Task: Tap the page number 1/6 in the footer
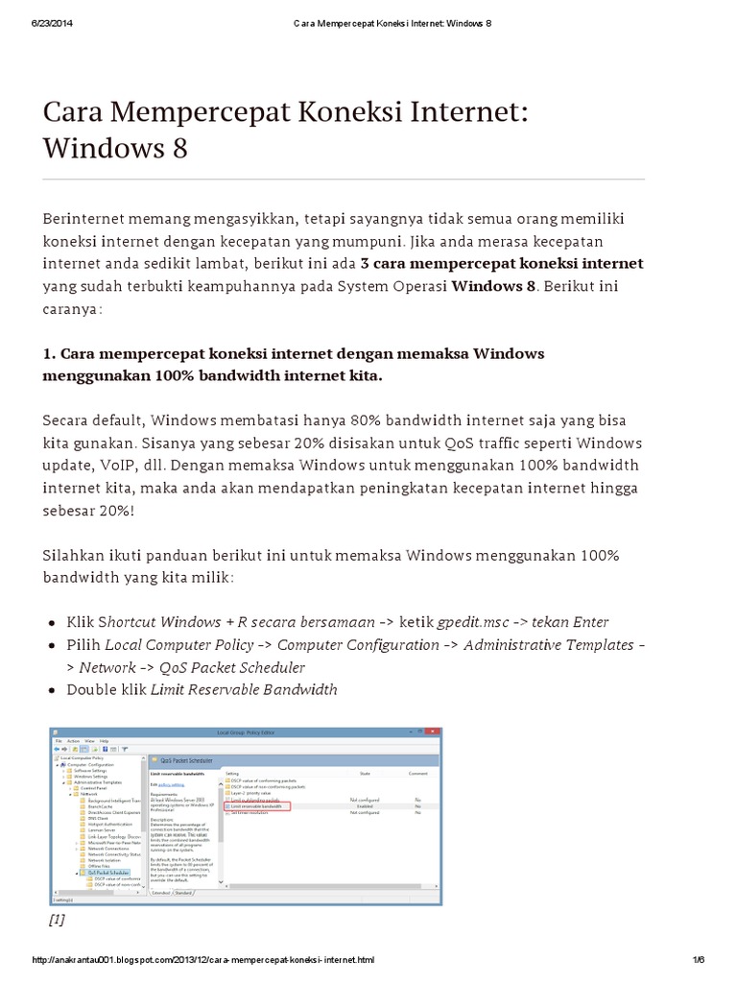(x=698, y=960)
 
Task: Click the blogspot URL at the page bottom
(x=203, y=960)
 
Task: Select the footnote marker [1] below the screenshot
(x=56, y=919)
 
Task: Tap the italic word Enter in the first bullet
(x=590, y=622)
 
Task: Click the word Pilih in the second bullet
(x=83, y=644)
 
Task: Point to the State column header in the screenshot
(x=365, y=772)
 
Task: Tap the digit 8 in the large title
(x=179, y=149)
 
